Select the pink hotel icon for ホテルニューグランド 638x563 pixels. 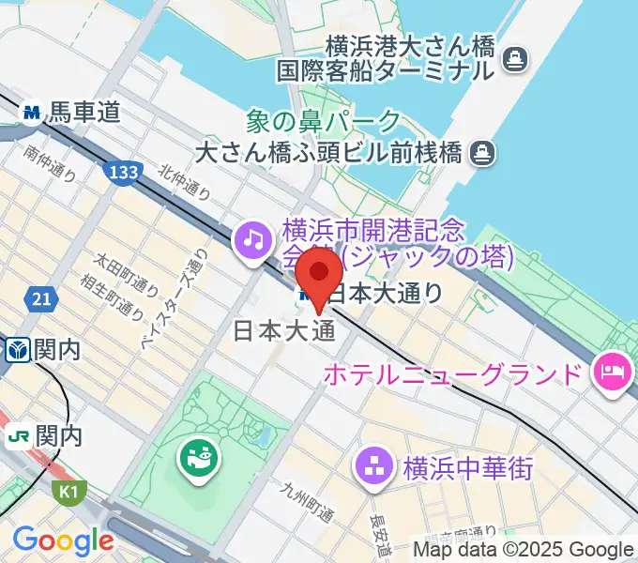point(611,375)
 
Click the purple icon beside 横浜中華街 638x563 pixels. point(373,466)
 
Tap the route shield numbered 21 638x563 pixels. point(40,298)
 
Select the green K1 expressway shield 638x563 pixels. point(67,491)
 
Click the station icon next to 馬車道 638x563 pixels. point(32,113)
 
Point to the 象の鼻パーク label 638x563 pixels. point(323,121)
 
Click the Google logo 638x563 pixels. point(63,540)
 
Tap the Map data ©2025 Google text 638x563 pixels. point(524,550)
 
